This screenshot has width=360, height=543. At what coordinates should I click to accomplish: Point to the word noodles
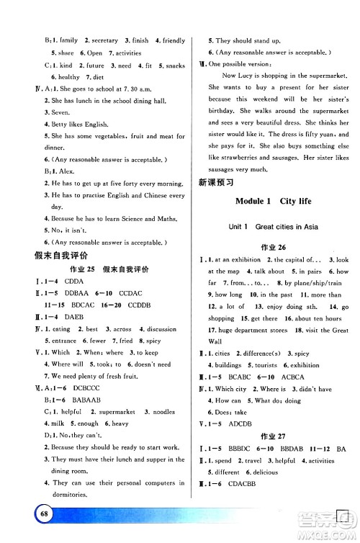coord(159,412)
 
